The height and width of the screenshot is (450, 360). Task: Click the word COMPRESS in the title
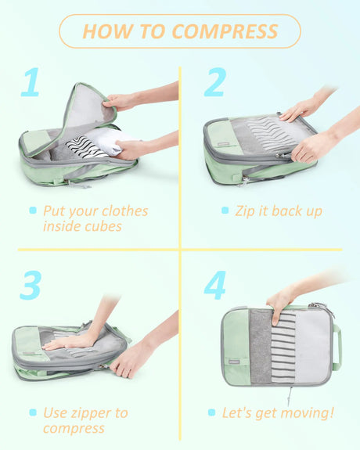coord(225,31)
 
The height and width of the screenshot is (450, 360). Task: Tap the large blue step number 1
coord(31,82)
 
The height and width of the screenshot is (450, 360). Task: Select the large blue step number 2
coord(215,82)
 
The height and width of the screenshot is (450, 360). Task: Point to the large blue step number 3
coord(31,285)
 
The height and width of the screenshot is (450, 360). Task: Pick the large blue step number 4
coord(215,285)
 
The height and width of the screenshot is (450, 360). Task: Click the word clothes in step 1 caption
coord(125,211)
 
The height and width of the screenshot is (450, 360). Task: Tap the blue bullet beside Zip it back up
coord(225,211)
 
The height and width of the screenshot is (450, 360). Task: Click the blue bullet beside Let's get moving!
coord(211,412)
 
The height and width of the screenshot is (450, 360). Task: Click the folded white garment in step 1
coord(108,141)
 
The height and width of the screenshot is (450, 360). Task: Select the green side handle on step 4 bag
coord(337,347)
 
